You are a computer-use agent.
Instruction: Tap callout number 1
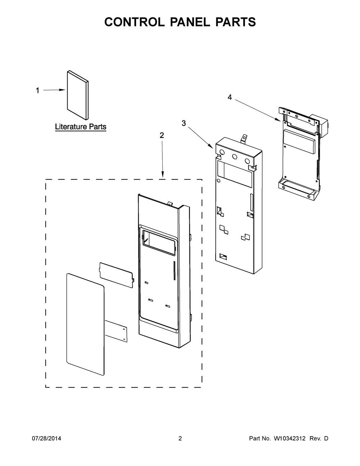click(37, 90)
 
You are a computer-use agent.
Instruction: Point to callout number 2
click(162, 135)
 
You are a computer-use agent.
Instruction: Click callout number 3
click(184, 123)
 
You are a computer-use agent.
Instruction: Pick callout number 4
click(230, 97)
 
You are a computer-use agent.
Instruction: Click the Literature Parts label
click(80, 126)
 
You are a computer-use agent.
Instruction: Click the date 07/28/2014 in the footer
click(46, 438)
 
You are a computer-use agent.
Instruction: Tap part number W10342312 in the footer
click(290, 438)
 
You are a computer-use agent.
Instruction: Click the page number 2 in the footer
click(180, 438)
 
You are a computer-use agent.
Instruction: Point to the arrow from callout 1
click(54, 90)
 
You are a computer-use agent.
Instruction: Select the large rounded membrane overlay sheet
click(85, 323)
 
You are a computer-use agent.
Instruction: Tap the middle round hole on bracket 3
click(235, 157)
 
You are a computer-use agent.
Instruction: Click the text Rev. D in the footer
click(319, 438)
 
